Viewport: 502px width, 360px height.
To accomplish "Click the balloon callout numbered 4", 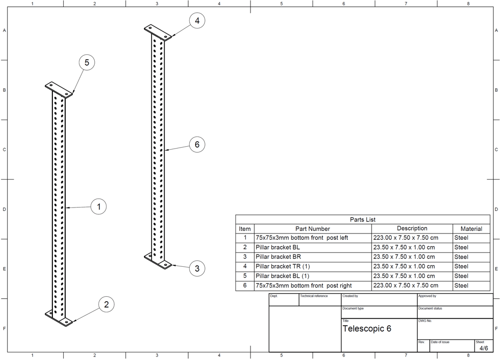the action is (x=197, y=21).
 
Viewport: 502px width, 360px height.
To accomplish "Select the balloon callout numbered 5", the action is (x=87, y=63).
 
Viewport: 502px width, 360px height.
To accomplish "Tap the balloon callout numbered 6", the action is (x=197, y=145).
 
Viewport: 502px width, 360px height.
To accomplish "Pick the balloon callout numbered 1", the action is (x=99, y=207).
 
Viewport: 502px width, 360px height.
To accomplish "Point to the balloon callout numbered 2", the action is (x=106, y=305).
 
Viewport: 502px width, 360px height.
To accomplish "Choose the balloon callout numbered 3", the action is (x=197, y=268).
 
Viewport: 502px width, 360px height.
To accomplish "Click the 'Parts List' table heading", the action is (x=362, y=220).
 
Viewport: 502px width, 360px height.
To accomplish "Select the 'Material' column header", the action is (x=471, y=229).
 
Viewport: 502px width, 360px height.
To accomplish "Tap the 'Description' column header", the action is (x=412, y=229).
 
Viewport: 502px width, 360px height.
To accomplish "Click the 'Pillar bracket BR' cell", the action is (x=278, y=257).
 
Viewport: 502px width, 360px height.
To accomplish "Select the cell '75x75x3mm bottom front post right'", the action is (x=303, y=285).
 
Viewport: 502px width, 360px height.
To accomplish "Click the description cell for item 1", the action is (x=405, y=238).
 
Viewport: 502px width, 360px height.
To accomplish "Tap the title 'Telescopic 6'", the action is (x=367, y=329).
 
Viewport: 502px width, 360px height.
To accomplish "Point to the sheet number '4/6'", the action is (x=483, y=348).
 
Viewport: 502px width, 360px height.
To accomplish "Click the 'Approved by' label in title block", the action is (x=427, y=296).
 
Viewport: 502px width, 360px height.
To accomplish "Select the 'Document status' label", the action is (x=430, y=309).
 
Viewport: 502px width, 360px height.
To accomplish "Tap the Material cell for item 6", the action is (x=461, y=285).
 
